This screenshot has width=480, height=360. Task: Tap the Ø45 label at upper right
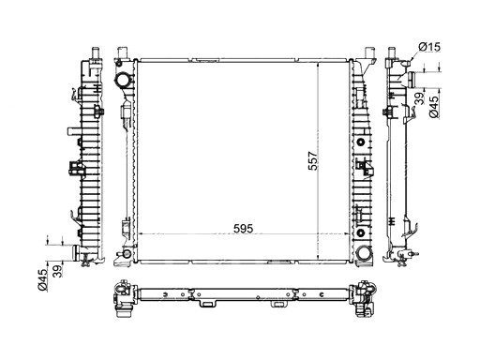pyautogui.click(x=434, y=111)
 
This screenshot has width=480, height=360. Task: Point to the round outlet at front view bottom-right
pyautogui.click(x=362, y=252)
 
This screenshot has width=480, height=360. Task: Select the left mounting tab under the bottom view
pyautogui.click(x=203, y=304)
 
